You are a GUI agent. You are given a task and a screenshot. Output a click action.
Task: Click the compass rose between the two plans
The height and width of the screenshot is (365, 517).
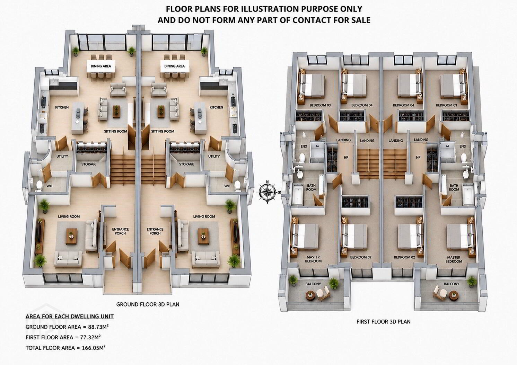point(267,192)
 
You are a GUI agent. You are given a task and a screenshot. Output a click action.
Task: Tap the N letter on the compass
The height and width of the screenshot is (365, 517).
point(268,181)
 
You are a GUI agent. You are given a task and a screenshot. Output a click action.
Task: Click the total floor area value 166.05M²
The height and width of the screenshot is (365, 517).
point(94,348)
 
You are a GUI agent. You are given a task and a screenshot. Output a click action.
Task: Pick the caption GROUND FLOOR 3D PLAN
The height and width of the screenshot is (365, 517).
point(148,304)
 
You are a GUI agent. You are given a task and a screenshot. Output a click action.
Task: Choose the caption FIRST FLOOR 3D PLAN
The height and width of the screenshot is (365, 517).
point(383,322)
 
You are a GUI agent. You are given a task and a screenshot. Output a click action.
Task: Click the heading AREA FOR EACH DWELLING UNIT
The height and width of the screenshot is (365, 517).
point(70,316)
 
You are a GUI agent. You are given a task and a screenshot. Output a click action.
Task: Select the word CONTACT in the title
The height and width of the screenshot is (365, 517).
point(312,20)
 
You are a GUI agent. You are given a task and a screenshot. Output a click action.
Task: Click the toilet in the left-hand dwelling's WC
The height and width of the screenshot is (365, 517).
point(40,186)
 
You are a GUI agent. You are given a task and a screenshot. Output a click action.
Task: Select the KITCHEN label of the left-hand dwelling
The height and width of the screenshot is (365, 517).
point(62,107)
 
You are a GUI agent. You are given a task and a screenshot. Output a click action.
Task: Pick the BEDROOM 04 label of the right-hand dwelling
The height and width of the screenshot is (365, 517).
point(403,105)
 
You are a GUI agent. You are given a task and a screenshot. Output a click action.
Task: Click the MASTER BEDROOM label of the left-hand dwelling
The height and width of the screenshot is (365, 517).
point(313,259)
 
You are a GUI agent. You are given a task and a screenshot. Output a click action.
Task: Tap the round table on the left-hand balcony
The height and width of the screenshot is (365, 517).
point(310,295)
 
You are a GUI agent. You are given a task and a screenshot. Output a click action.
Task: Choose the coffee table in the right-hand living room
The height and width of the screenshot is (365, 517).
point(203,236)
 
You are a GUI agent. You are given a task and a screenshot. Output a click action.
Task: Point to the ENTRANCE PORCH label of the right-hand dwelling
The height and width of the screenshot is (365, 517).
point(155,231)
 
